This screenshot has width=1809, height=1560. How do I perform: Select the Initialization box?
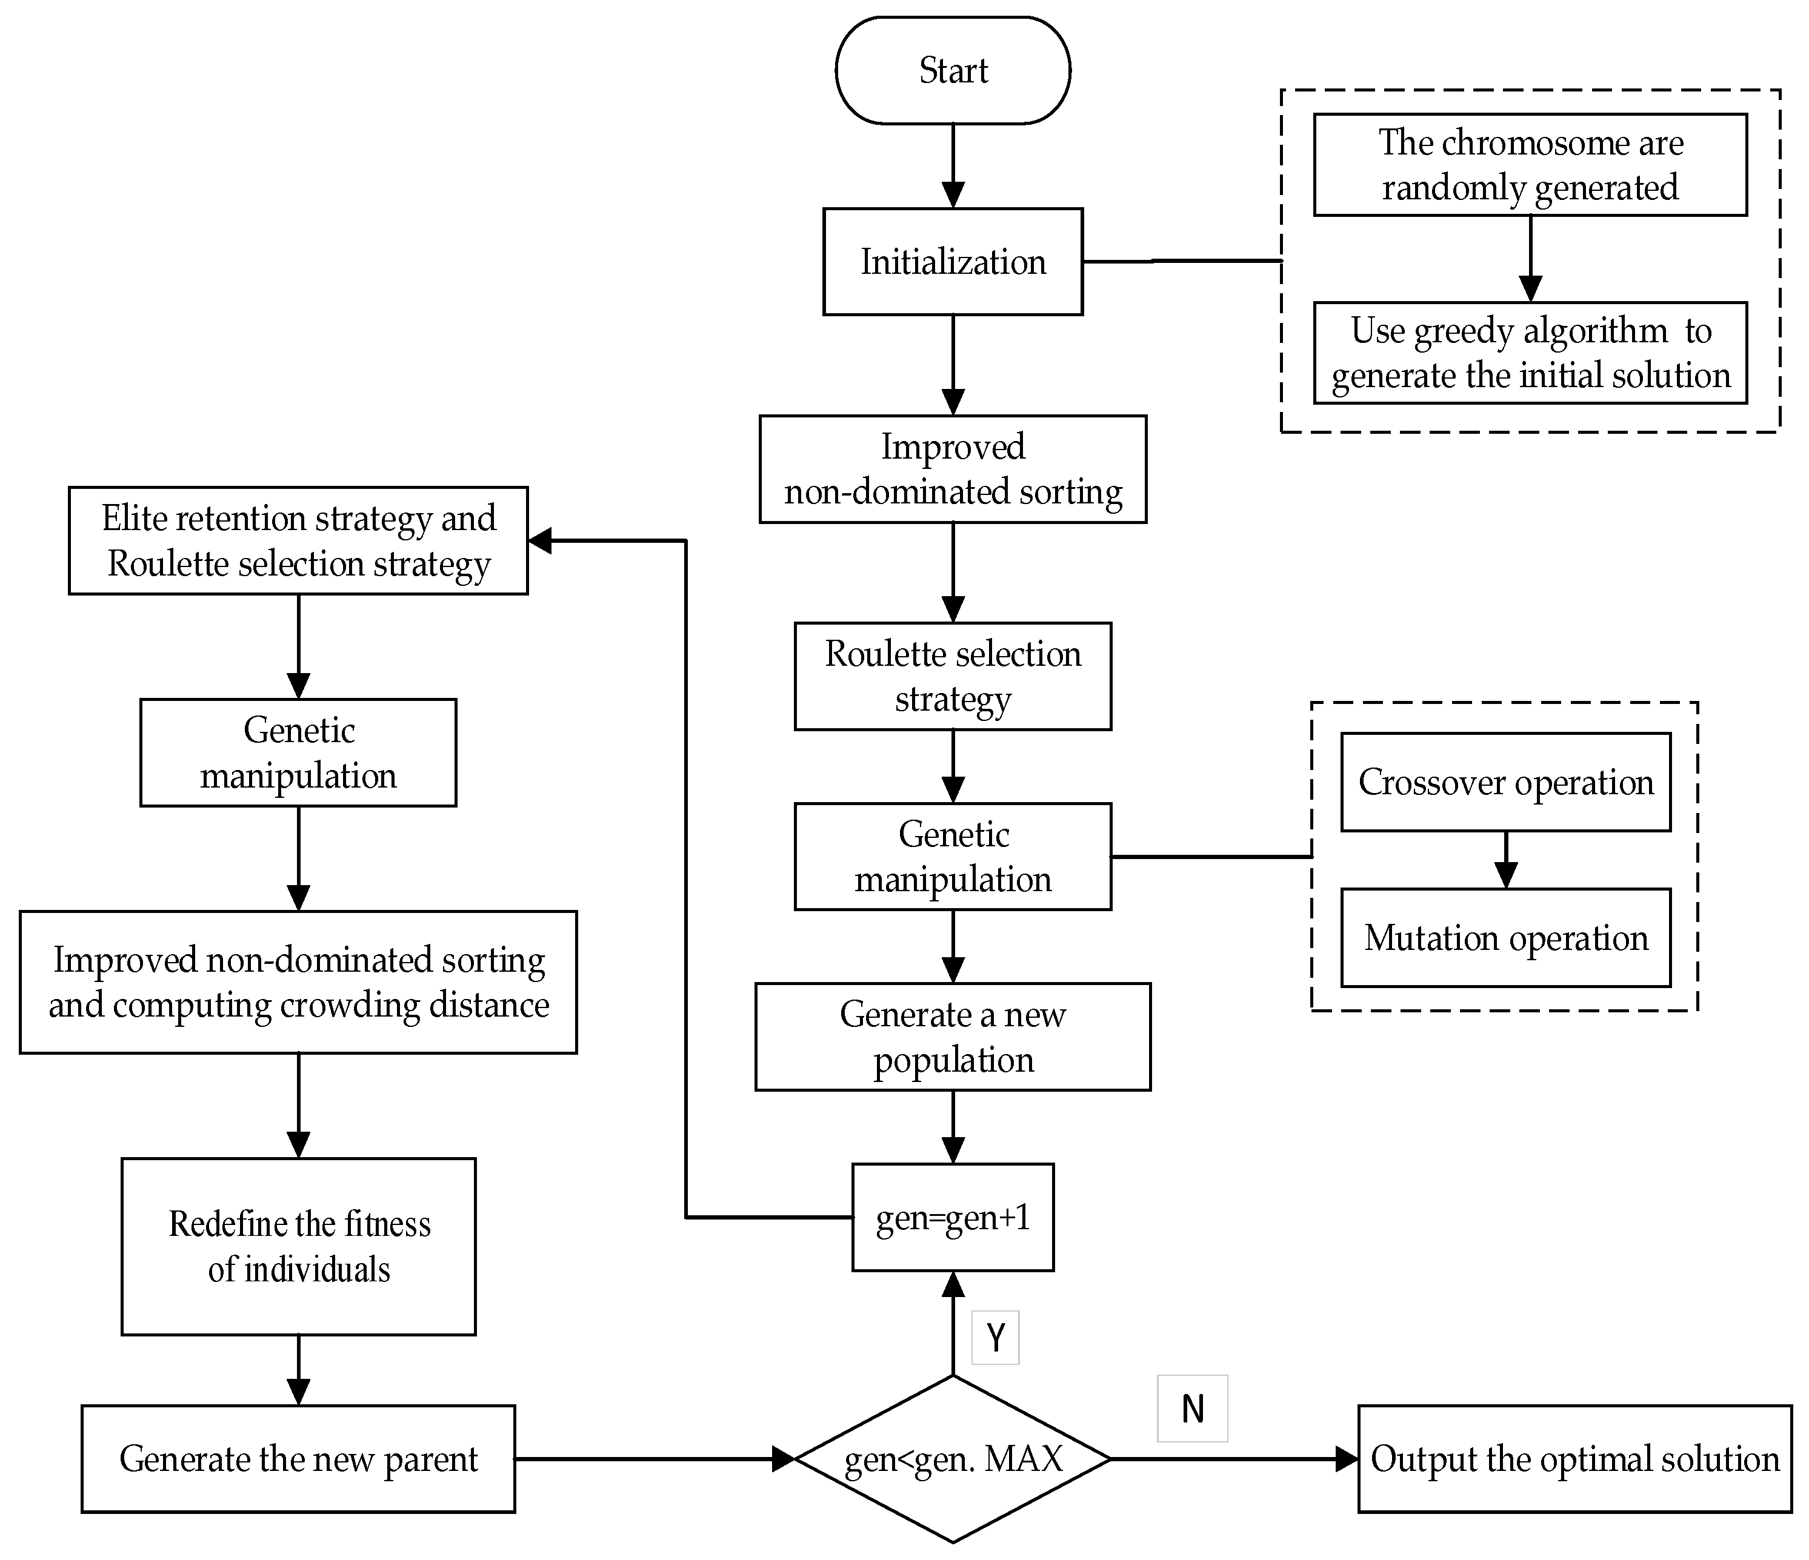click(x=953, y=261)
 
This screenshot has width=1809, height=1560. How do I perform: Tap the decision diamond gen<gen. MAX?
click(x=953, y=1459)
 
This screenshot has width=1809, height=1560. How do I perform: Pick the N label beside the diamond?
click(x=1191, y=1408)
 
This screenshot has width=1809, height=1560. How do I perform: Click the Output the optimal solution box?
click(x=1574, y=1459)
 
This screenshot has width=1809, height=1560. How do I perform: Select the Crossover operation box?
click(x=1505, y=782)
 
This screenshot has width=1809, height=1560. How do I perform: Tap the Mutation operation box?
click(x=1505, y=938)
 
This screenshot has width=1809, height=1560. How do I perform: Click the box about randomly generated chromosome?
click(x=1530, y=164)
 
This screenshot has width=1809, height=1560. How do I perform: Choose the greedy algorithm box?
click(x=1530, y=353)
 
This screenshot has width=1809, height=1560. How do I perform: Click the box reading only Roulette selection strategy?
click(x=953, y=675)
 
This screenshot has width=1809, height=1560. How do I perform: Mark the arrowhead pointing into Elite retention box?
click(x=541, y=540)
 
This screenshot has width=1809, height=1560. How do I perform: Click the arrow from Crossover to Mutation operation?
click(x=1505, y=860)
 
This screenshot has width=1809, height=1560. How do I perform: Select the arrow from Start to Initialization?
click(x=953, y=166)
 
